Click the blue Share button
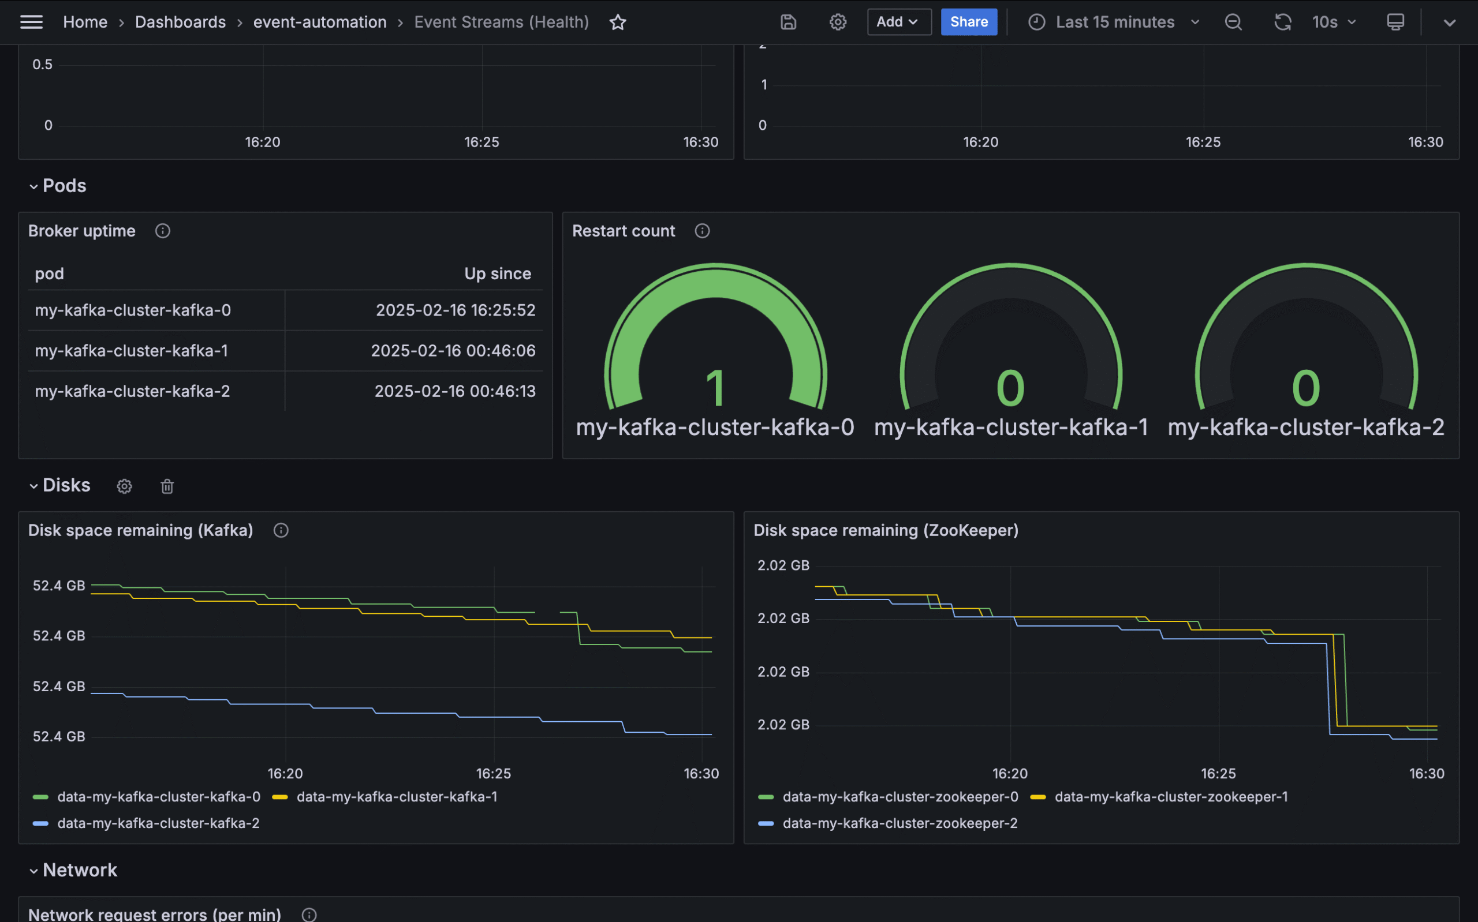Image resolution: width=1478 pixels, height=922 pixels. click(x=968, y=22)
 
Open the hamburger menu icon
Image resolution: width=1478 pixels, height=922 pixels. click(x=31, y=22)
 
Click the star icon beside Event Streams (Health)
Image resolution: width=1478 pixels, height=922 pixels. click(x=617, y=23)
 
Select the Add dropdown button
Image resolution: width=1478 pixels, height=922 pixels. click(x=898, y=22)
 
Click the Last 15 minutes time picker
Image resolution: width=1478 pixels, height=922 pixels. click(x=1114, y=22)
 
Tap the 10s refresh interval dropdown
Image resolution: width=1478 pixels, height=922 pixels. click(x=1334, y=22)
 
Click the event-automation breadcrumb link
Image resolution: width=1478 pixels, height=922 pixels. click(x=320, y=22)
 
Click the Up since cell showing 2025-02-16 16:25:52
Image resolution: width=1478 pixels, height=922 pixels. click(x=455, y=310)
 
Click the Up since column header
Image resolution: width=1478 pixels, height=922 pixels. click(x=497, y=274)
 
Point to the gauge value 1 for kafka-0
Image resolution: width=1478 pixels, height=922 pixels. click(x=715, y=388)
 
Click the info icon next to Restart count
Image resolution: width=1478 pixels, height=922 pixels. click(x=701, y=231)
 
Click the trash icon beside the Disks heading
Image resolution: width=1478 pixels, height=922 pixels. click(x=167, y=486)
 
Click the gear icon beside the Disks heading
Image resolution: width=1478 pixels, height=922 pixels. click(x=125, y=486)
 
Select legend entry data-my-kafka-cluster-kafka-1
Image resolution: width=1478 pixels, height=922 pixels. click(x=397, y=797)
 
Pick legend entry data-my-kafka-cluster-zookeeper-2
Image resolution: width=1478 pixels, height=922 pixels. click(x=899, y=823)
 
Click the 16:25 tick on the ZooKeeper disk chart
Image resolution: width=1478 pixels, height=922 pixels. click(x=1218, y=774)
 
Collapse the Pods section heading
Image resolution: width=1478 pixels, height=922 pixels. click(x=64, y=186)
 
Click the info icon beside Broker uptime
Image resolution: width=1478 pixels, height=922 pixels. click(x=162, y=231)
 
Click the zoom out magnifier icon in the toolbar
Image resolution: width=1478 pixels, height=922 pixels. click(x=1233, y=23)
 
